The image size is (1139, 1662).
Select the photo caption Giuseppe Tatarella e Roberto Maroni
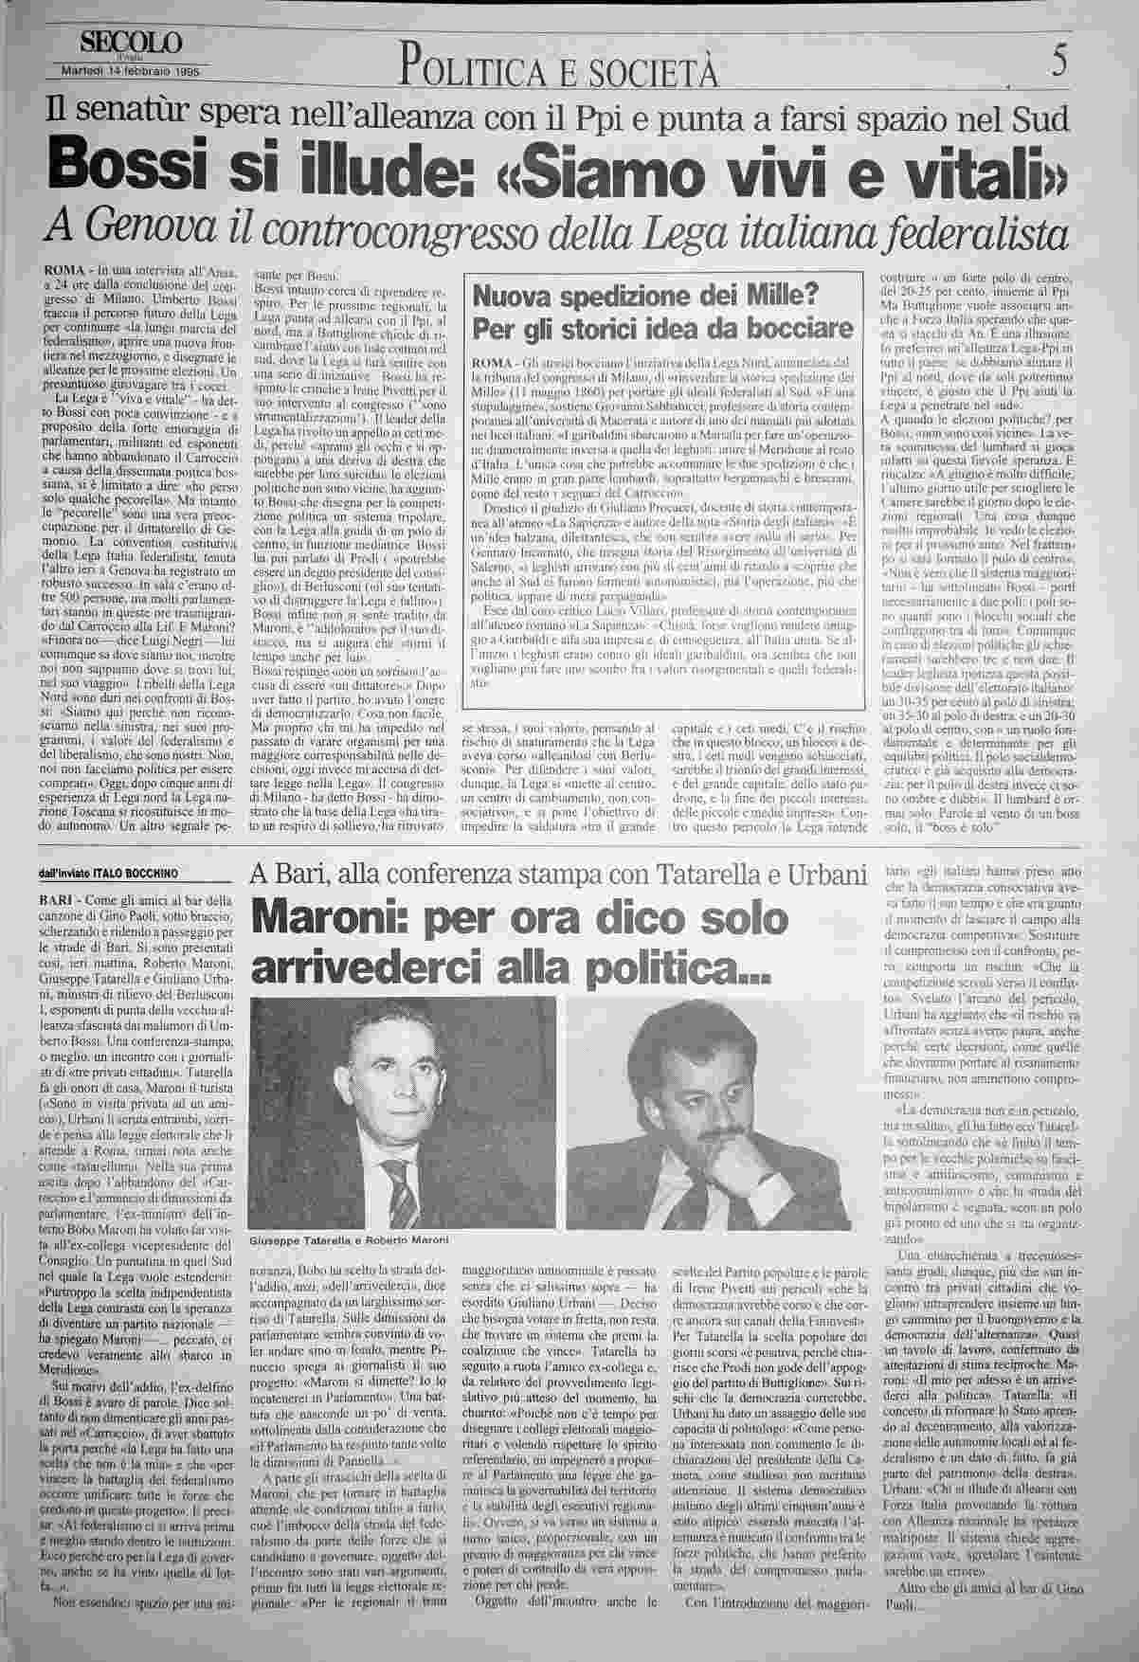[349, 1239]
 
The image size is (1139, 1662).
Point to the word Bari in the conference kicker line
[301, 872]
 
